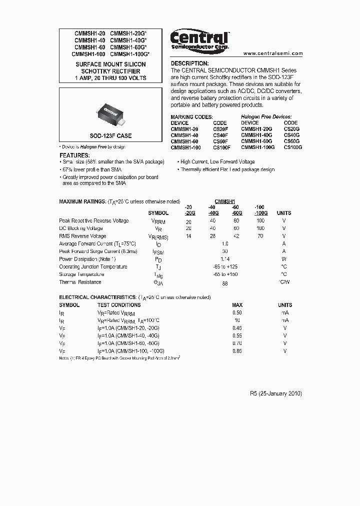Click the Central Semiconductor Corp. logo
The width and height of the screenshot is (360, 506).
[199, 39]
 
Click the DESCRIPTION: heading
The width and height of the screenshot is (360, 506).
[189, 63]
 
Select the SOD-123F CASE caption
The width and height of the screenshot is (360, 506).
[110, 136]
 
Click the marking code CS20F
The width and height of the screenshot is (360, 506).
[220, 129]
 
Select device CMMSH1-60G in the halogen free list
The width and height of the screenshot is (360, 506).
[256, 141]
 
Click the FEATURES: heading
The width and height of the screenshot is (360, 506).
[74, 155]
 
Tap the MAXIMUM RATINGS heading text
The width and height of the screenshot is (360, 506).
[82, 201]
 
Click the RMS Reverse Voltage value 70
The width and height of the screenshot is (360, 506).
[260, 236]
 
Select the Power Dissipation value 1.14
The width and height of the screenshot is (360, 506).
[224, 259]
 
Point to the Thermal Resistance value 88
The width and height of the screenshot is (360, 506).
[224, 283]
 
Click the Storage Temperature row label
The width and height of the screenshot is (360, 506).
[81, 274]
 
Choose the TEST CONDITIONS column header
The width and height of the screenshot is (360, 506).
[119, 305]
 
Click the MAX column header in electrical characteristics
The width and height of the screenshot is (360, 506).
[237, 305]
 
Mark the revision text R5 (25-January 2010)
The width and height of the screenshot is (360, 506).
[276, 393]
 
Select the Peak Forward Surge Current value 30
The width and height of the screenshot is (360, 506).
[224, 251]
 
